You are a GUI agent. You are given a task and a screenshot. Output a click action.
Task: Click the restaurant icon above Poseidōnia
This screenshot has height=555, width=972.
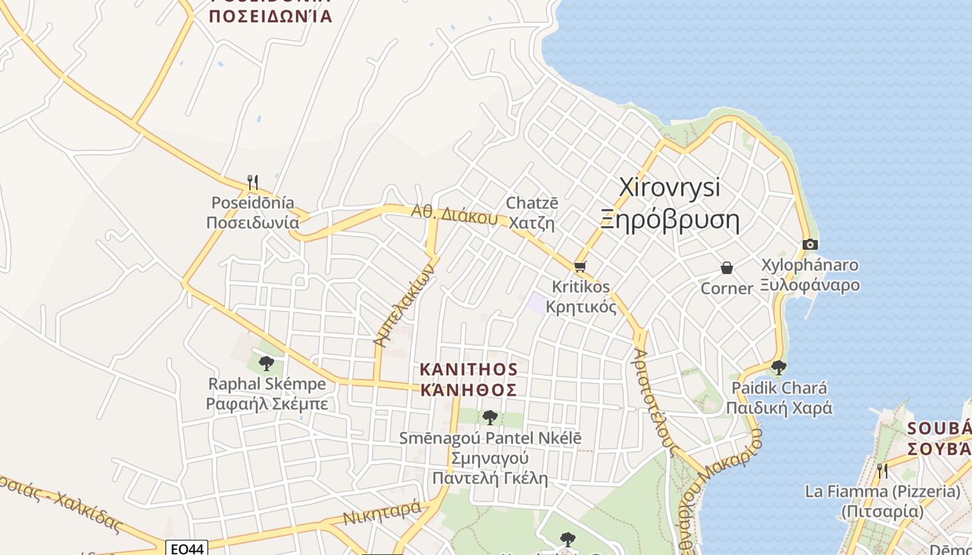coord(253,182)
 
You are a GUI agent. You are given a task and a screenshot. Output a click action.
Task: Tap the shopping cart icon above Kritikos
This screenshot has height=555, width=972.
coord(580,266)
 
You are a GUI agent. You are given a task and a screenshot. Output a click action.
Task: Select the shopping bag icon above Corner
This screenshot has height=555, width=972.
coord(727,268)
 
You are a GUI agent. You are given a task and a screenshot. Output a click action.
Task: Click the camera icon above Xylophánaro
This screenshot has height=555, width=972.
coord(810,244)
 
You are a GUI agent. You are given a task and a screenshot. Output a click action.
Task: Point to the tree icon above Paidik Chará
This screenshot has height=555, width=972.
coord(778,367)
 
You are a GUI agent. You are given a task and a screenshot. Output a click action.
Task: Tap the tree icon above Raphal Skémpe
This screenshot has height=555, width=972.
coord(266,363)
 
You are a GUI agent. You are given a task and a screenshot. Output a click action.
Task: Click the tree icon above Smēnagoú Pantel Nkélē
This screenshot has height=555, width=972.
coord(490,417)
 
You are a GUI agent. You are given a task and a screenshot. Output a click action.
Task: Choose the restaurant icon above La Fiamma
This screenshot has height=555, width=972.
coord(882,470)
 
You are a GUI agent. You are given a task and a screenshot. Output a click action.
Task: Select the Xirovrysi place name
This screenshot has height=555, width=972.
coord(669,187)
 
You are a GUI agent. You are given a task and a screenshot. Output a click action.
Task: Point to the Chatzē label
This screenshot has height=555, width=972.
coord(532,203)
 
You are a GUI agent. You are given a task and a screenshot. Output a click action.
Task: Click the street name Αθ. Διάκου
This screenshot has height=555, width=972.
coord(454,215)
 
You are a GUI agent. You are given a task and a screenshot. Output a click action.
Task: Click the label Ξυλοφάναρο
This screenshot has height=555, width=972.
coord(810,285)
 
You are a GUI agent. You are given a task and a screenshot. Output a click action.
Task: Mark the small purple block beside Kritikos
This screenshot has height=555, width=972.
coord(537,302)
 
